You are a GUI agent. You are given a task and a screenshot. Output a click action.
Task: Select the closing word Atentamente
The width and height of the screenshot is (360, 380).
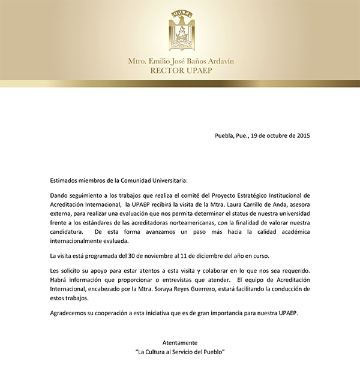(x=179, y=342)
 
